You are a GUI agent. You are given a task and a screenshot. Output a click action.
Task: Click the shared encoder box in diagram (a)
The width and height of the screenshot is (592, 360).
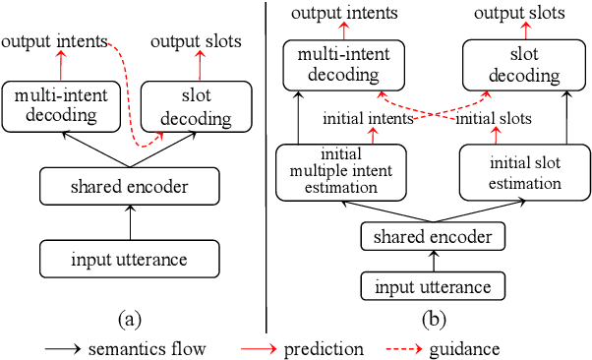129,186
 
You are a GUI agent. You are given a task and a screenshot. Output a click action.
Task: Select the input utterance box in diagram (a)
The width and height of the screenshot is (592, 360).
129,258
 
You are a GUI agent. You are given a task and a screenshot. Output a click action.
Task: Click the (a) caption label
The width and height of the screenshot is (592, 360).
129,317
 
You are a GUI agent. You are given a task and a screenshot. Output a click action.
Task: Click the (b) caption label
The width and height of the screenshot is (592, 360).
433,317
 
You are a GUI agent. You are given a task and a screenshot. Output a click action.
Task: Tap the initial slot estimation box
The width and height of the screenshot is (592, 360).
511,172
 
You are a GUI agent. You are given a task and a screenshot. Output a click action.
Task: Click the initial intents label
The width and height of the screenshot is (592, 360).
370,118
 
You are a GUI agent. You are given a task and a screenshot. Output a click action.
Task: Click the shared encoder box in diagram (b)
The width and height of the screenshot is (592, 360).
433,237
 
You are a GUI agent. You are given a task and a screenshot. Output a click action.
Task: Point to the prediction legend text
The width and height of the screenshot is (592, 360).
324,348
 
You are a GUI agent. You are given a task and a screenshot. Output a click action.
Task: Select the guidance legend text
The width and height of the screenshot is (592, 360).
463,348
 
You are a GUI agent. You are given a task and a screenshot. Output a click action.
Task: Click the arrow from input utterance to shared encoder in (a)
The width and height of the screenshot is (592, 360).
129,222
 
